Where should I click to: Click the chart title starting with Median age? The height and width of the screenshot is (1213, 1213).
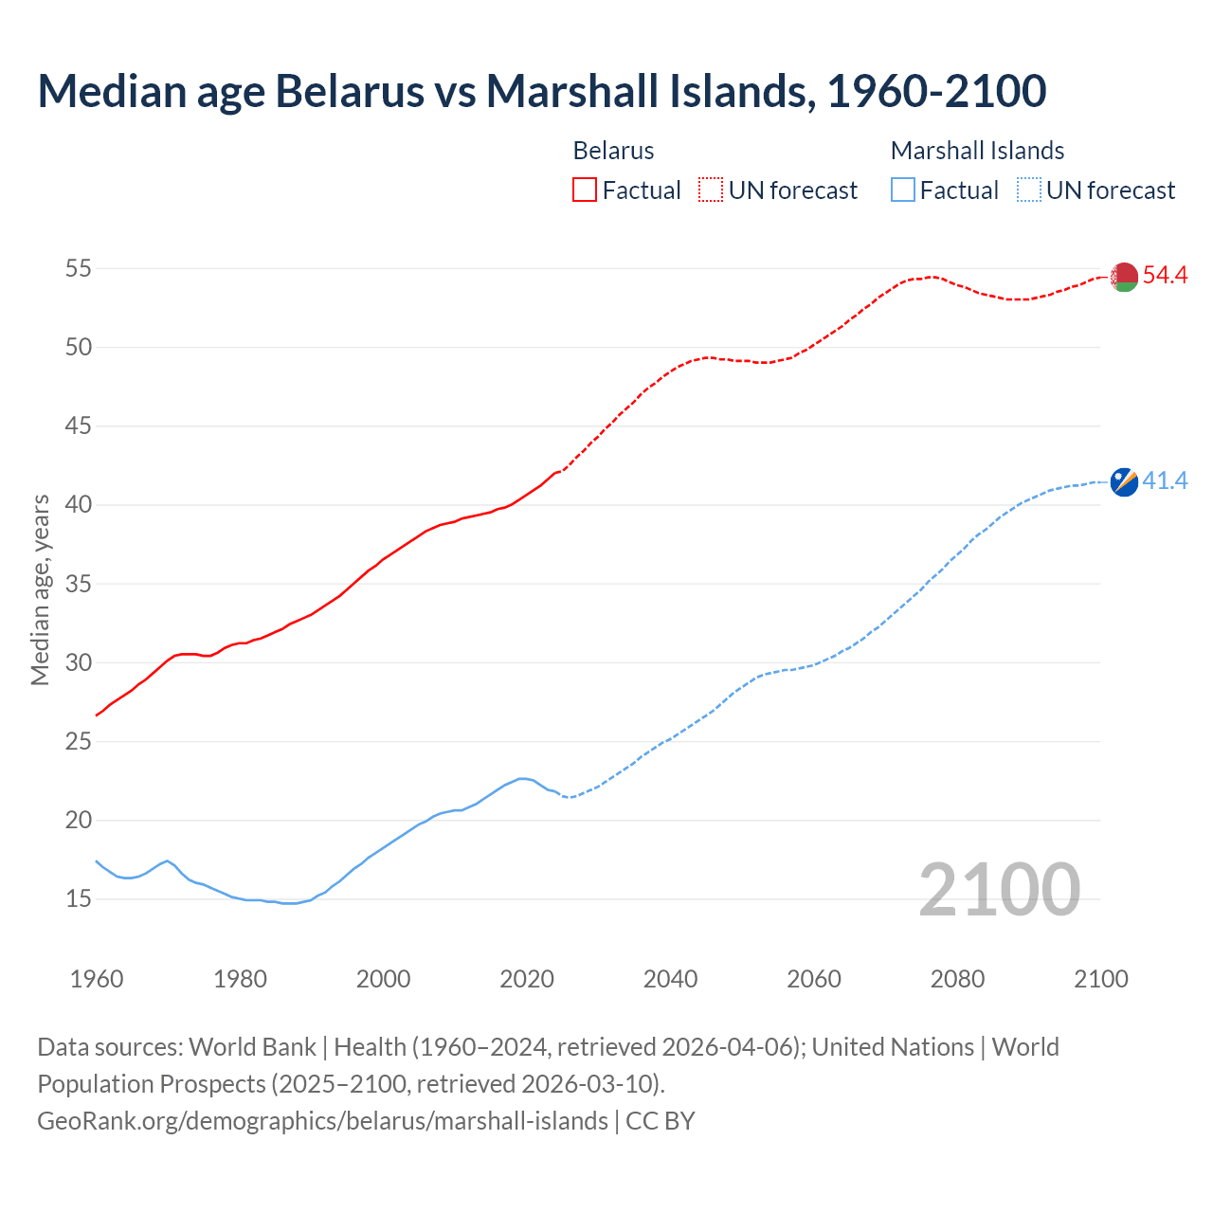[541, 91]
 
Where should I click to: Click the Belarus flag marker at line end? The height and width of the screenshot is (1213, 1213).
[1124, 277]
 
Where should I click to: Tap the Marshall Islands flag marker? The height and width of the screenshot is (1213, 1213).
[1124, 481]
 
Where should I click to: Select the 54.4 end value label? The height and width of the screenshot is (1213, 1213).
[1165, 275]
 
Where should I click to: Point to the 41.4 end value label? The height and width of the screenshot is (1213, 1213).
[1165, 481]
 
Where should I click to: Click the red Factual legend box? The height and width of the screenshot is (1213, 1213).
[585, 190]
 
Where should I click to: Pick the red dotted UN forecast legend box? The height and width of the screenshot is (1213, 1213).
[711, 190]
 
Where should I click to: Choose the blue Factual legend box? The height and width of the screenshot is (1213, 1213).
[903, 190]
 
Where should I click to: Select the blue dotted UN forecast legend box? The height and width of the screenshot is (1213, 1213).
[1028, 190]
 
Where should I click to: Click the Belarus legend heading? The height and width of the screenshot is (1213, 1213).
[613, 151]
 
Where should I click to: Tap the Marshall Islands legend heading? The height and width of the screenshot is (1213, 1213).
[977, 151]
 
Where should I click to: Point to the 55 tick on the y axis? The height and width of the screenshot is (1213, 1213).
[79, 268]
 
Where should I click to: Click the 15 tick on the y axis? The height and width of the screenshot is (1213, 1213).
[79, 898]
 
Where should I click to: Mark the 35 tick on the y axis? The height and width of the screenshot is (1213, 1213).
[79, 584]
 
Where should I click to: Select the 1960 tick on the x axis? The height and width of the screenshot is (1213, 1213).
[97, 979]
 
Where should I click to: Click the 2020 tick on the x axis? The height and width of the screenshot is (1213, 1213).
[527, 979]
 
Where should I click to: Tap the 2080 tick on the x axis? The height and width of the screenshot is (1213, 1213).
[957, 979]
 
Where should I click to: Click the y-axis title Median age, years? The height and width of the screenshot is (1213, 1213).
[40, 589]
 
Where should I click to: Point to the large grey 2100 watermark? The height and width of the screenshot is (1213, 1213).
[999, 889]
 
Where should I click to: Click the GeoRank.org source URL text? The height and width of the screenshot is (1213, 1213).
[322, 1121]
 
